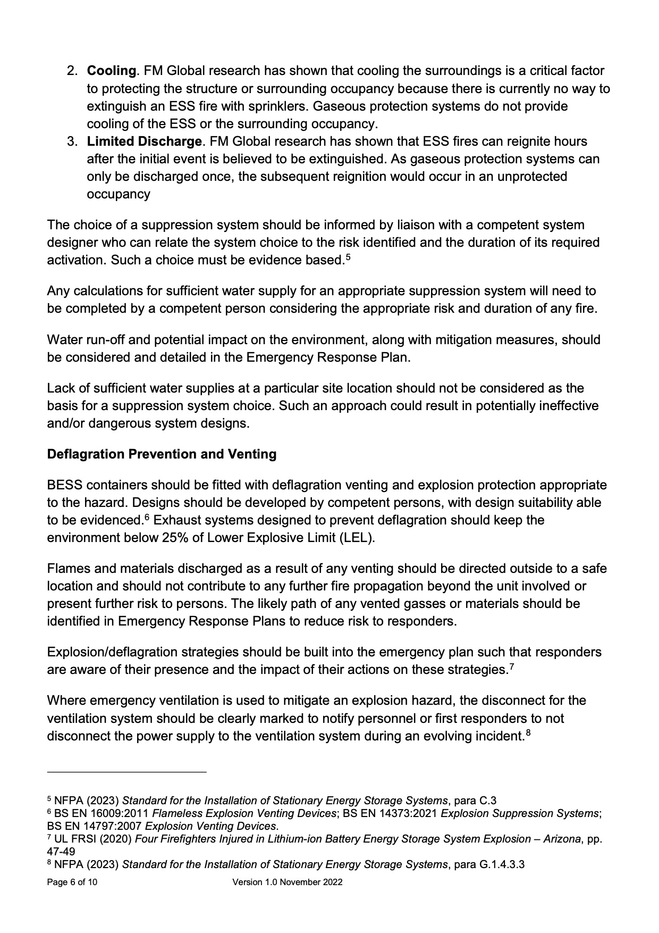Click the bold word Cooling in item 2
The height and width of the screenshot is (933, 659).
tap(111, 71)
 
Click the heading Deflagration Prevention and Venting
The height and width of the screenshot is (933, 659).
tap(162, 454)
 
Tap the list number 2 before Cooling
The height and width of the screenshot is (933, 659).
tap(72, 71)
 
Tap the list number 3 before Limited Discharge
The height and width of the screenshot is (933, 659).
tap(72, 141)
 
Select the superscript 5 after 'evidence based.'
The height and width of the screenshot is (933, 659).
tap(348, 257)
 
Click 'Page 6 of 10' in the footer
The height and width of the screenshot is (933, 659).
tap(72, 882)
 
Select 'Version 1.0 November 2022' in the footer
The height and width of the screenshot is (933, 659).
tap(288, 882)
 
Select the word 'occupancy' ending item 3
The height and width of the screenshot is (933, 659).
tap(118, 194)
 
